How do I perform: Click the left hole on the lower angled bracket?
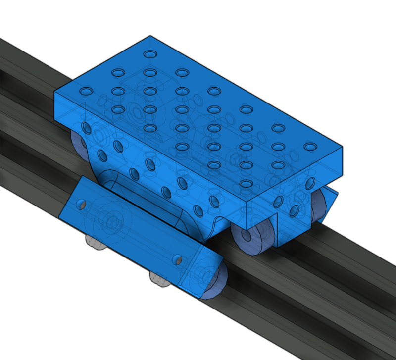click(81, 204)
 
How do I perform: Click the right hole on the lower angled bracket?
click(177, 258)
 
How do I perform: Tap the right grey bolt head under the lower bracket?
click(158, 279)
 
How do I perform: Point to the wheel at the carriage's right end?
click(321, 206)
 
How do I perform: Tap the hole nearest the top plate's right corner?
click(309, 147)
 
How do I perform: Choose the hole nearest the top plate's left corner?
click(86, 92)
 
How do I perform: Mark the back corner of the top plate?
click(150, 36)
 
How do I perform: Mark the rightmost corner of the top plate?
click(343, 147)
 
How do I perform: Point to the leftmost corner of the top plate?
click(54, 93)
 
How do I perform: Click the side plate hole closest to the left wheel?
click(87, 128)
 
